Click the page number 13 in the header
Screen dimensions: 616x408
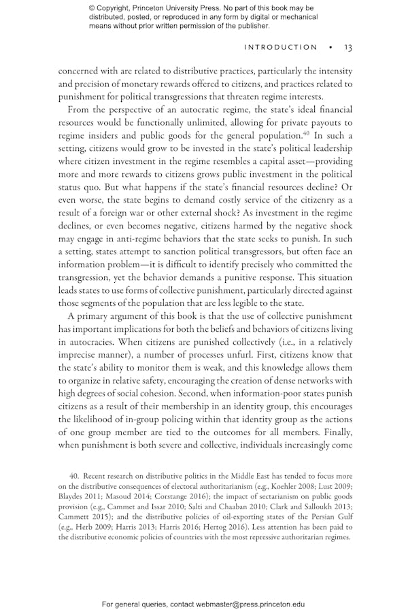(x=347, y=48)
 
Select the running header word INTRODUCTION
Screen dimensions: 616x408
(x=280, y=48)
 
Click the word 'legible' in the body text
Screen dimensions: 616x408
(x=258, y=303)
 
